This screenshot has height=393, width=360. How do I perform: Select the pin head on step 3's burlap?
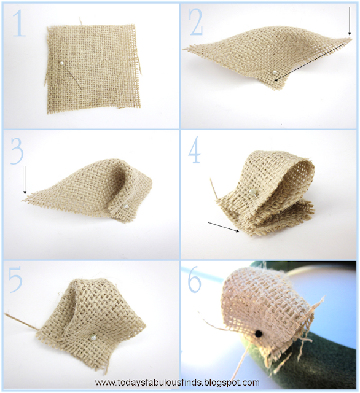pyautogui.click(x=125, y=207)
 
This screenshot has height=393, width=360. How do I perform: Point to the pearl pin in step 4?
pyautogui.click(x=252, y=193)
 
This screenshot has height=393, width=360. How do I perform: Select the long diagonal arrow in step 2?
pyautogui.click(x=310, y=58)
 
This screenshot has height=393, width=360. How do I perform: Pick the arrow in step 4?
pyautogui.click(x=224, y=227)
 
